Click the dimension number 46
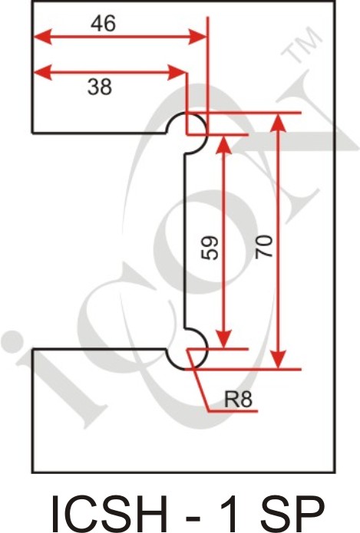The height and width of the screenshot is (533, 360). point(103,24)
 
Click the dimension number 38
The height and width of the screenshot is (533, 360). point(99,87)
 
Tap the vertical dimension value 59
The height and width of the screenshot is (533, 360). point(210,248)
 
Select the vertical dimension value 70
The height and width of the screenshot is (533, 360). point(264,246)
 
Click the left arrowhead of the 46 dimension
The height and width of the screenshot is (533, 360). point(42,37)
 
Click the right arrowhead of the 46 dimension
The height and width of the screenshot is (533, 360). point(198,37)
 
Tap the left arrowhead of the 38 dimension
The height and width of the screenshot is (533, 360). point(42,72)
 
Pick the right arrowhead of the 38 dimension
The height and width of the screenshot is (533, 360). point(177,72)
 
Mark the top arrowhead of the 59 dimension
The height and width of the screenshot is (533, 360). point(223,144)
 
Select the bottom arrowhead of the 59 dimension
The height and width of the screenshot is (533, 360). point(223,339)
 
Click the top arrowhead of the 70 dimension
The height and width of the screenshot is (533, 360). point(279,122)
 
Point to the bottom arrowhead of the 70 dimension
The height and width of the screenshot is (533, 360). point(279,359)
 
